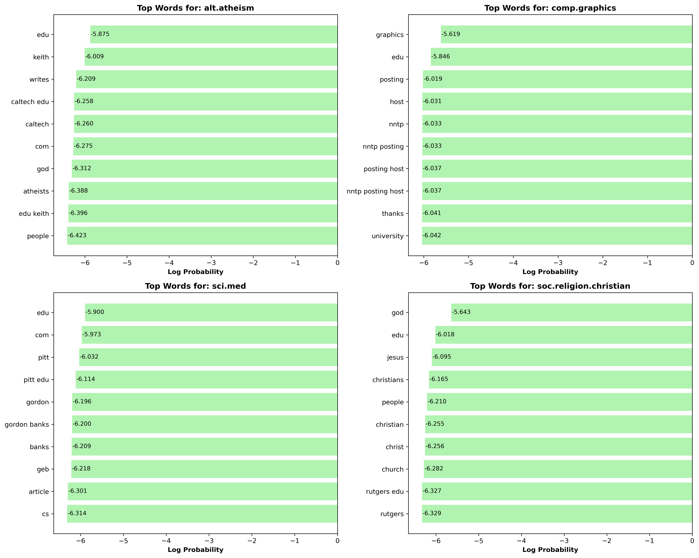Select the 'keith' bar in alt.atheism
pyautogui.click(x=211, y=57)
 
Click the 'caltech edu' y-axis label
pyautogui.click(x=30, y=102)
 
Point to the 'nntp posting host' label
pyautogui.click(x=375, y=191)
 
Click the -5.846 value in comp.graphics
pyautogui.click(x=441, y=57)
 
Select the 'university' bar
pyautogui.click(x=557, y=236)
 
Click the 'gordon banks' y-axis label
pyautogui.click(x=27, y=424)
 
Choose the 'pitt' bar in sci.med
pyautogui.click(x=208, y=357)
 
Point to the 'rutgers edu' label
pyautogui.click(x=385, y=492)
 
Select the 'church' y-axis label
pyautogui.click(x=393, y=469)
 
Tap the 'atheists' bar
pyautogui.click(x=203, y=191)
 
